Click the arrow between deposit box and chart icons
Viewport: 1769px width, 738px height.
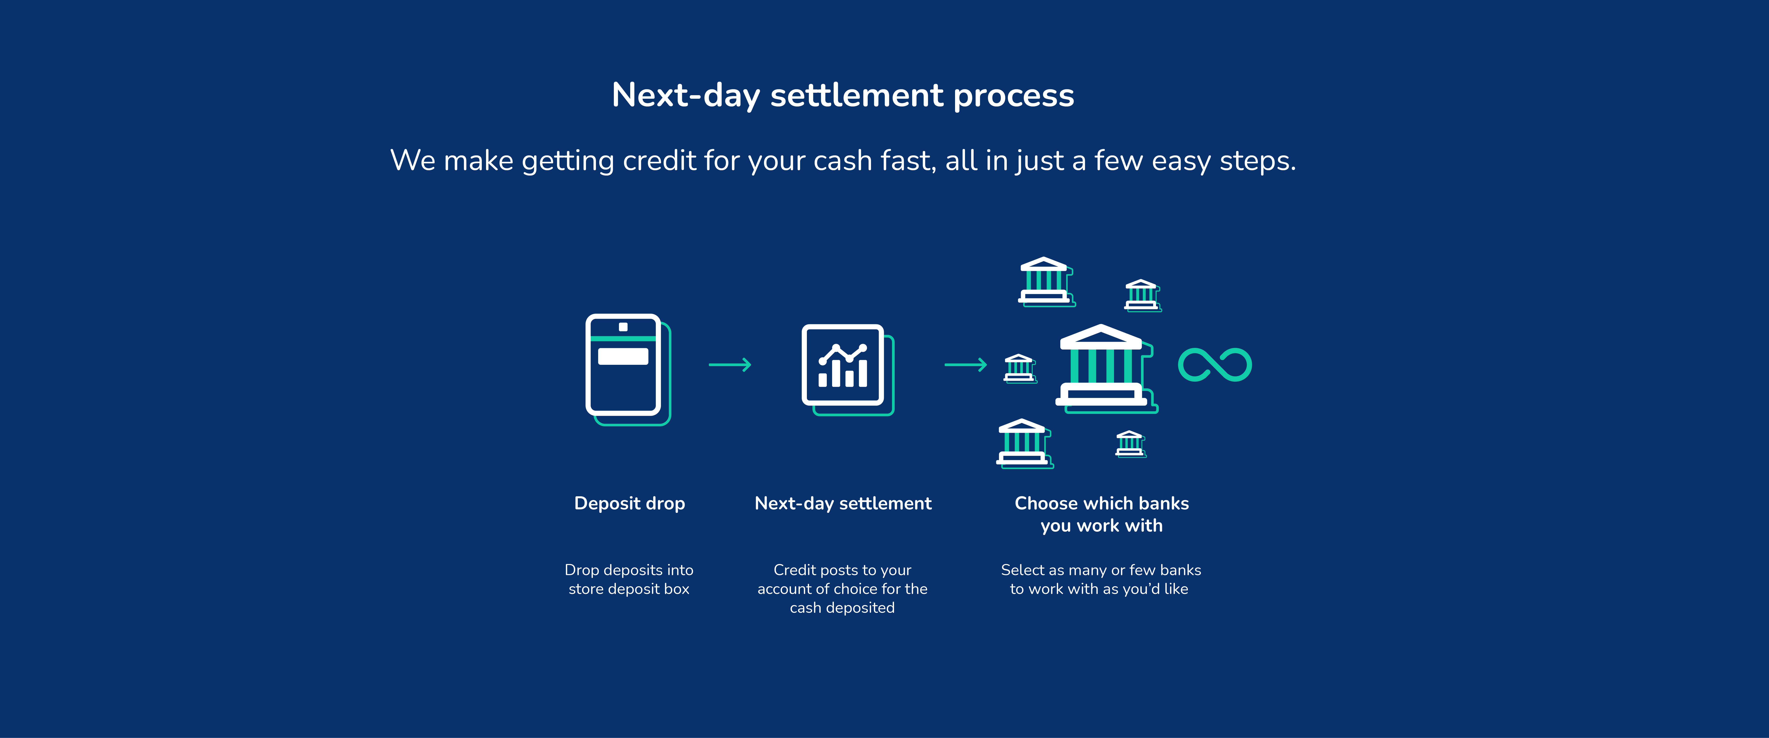730,365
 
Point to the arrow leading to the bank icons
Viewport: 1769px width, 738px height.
965,365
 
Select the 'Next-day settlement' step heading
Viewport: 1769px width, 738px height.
843,504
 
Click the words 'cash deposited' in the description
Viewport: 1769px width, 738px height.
842,607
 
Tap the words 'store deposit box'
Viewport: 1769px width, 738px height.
629,589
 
